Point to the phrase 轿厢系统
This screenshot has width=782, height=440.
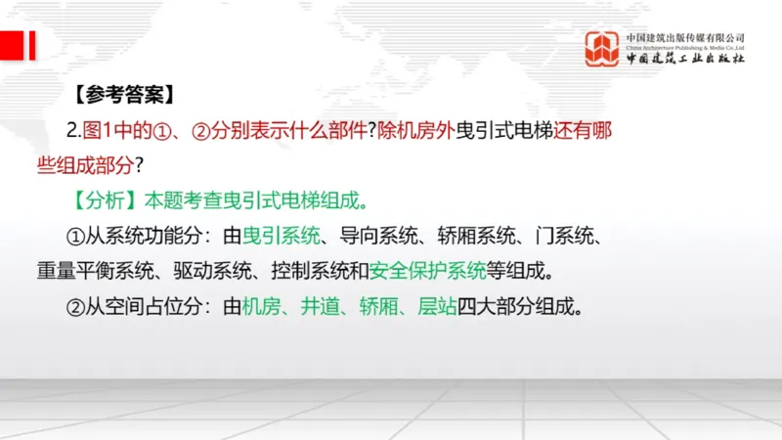[473, 236]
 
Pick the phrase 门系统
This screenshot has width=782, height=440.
[562, 236]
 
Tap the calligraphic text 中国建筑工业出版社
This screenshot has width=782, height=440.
[685, 59]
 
